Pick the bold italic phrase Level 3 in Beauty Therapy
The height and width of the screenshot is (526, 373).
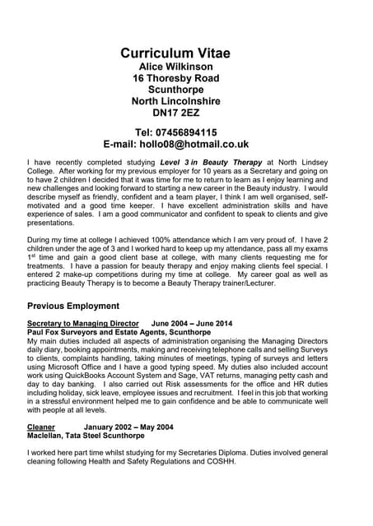click(211, 163)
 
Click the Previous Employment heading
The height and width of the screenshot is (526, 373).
click(79, 307)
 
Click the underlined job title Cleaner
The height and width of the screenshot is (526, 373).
click(41, 427)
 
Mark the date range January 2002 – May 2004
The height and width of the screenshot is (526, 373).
click(128, 427)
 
